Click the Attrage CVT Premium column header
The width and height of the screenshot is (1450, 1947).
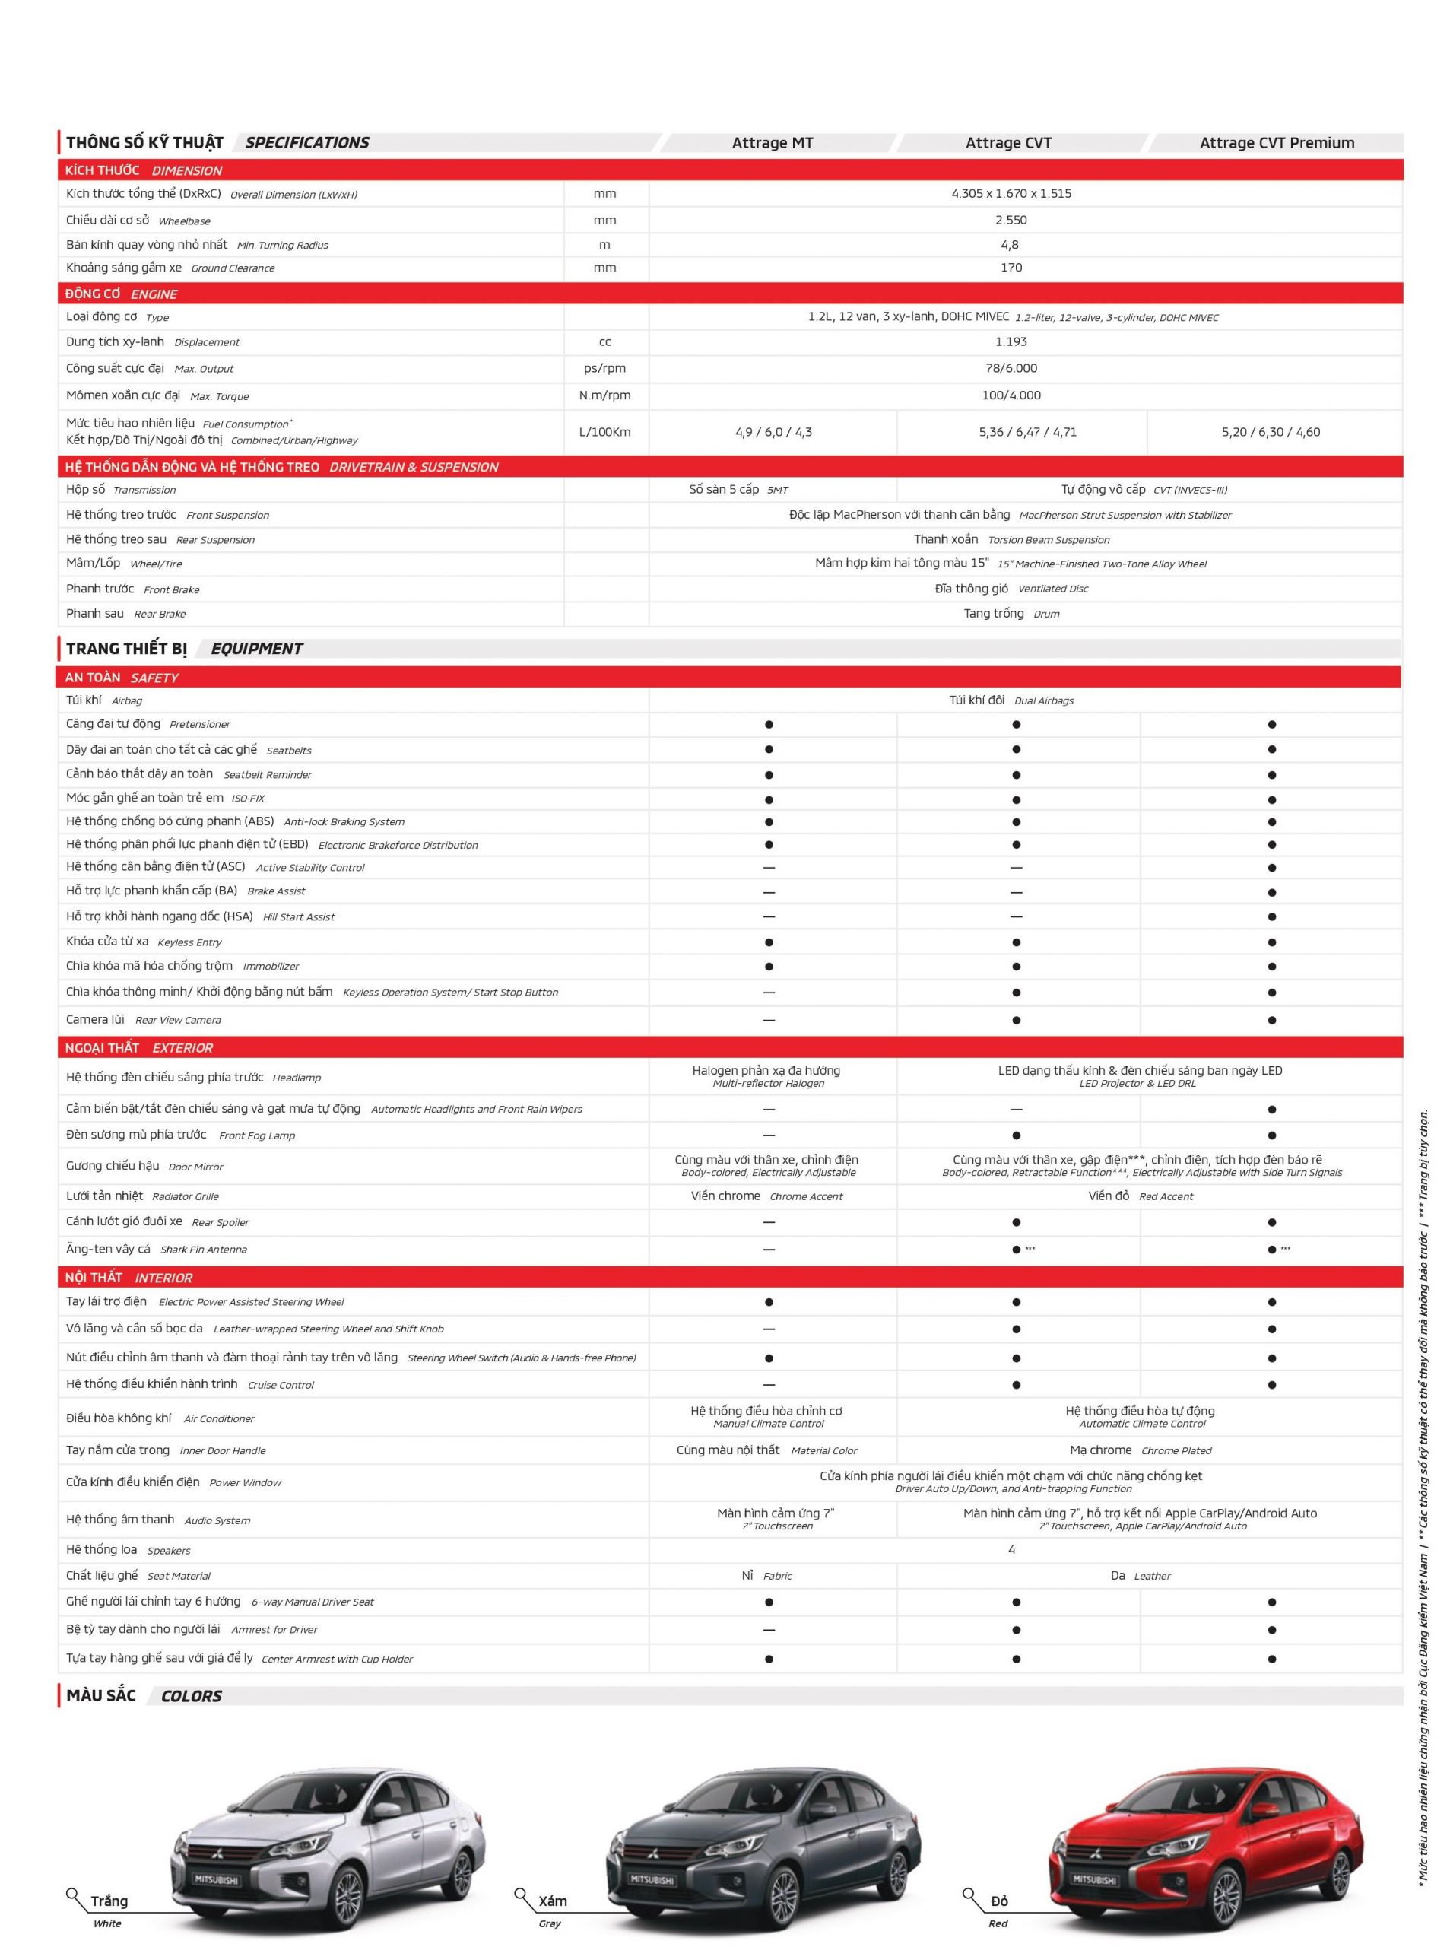click(x=1276, y=143)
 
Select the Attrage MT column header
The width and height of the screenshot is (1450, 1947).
click(x=773, y=143)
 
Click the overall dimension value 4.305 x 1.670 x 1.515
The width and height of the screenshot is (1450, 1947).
click(x=1011, y=194)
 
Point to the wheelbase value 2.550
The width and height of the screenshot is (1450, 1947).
click(x=1011, y=221)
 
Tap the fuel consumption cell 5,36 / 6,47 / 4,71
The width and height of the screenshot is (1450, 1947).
click(x=1028, y=432)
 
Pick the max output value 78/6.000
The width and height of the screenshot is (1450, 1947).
click(x=1011, y=369)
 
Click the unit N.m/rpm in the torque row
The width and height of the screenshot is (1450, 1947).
click(x=604, y=396)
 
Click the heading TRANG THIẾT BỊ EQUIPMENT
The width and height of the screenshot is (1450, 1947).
click(x=184, y=649)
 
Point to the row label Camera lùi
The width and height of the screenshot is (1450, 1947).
click(x=96, y=1020)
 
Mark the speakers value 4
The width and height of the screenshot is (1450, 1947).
click(x=1011, y=1550)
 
